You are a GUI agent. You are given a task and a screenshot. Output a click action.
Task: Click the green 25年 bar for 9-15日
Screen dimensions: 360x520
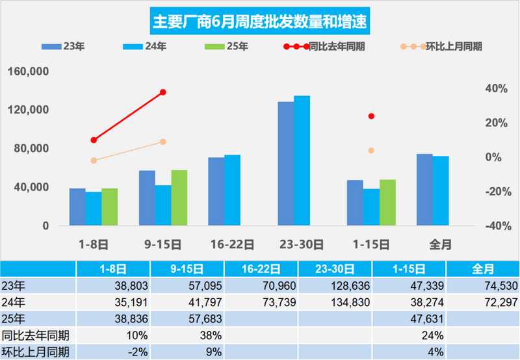pyautogui.click(x=179, y=198)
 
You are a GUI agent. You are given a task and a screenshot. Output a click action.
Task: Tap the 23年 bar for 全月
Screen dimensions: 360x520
pyautogui.click(x=424, y=190)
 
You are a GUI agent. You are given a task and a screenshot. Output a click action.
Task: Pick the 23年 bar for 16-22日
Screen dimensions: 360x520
pyautogui.click(x=216, y=192)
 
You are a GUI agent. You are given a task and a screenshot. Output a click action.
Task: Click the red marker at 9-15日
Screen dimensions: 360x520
pyautogui.click(x=163, y=92)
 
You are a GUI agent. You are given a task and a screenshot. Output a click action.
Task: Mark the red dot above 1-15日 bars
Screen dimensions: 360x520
pyautogui.click(x=371, y=116)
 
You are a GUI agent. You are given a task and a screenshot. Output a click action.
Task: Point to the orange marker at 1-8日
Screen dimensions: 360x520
pyautogui.click(x=94, y=161)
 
